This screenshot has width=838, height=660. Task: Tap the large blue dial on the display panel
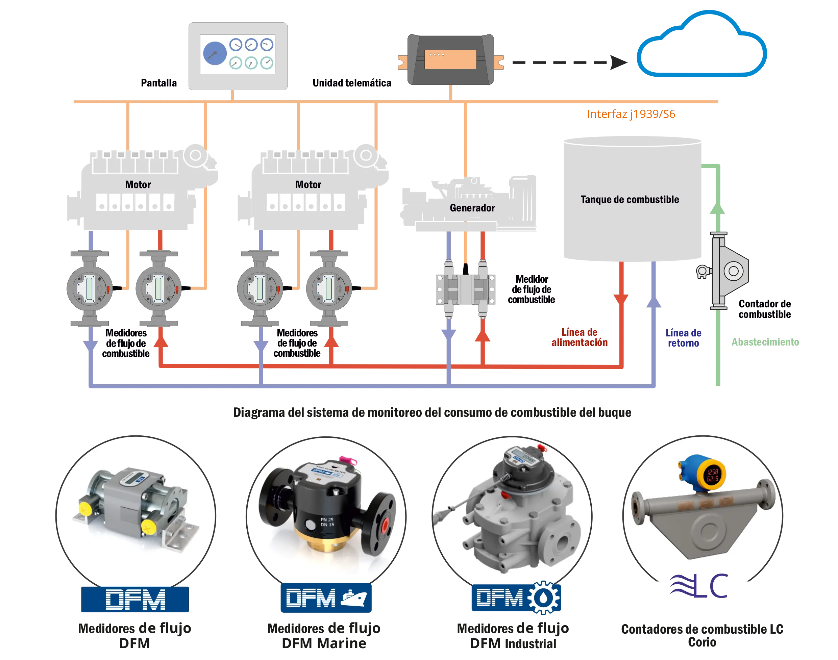click(x=215, y=53)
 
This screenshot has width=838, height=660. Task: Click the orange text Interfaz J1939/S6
click(x=631, y=114)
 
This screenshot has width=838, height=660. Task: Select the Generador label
click(x=472, y=208)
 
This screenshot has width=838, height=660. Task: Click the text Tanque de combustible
click(x=630, y=199)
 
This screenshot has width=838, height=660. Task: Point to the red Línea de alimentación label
click(x=580, y=337)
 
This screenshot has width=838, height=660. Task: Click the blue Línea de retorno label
click(x=683, y=338)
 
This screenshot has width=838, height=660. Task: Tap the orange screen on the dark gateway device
click(x=450, y=59)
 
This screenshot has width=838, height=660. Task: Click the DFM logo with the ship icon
click(x=326, y=598)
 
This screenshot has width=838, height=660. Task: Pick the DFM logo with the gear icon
click(x=516, y=598)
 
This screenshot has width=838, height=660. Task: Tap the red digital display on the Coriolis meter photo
click(x=712, y=475)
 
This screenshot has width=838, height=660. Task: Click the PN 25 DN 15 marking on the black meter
click(x=327, y=522)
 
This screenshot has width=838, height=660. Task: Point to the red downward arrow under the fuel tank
click(x=621, y=300)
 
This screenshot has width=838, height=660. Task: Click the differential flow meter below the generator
click(x=466, y=289)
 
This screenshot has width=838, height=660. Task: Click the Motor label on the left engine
click(x=138, y=184)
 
